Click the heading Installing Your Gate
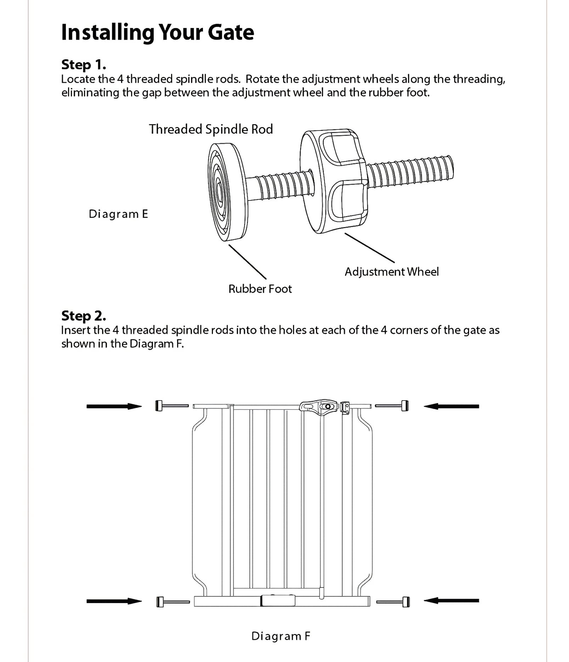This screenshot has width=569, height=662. coord(158,32)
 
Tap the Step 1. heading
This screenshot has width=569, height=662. coord(84,65)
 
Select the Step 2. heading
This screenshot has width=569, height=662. coord(84,315)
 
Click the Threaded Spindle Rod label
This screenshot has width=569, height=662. coord(211,129)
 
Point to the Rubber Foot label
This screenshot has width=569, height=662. coord(260,289)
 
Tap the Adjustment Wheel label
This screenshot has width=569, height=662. coord(391,272)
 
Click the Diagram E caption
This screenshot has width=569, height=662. coord(118,214)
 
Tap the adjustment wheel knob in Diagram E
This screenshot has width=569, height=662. coord(333,181)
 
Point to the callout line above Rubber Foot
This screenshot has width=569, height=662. coord(247,262)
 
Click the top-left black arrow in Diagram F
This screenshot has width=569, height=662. coord(114,406)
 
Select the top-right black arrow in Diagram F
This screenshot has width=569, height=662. coord(451,406)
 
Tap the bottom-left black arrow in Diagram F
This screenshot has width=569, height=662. coord(114,601)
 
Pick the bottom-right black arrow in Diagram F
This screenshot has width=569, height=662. coord(451,601)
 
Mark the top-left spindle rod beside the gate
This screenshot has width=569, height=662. coord(172,406)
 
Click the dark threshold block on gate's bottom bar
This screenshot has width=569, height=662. coord(278,601)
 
